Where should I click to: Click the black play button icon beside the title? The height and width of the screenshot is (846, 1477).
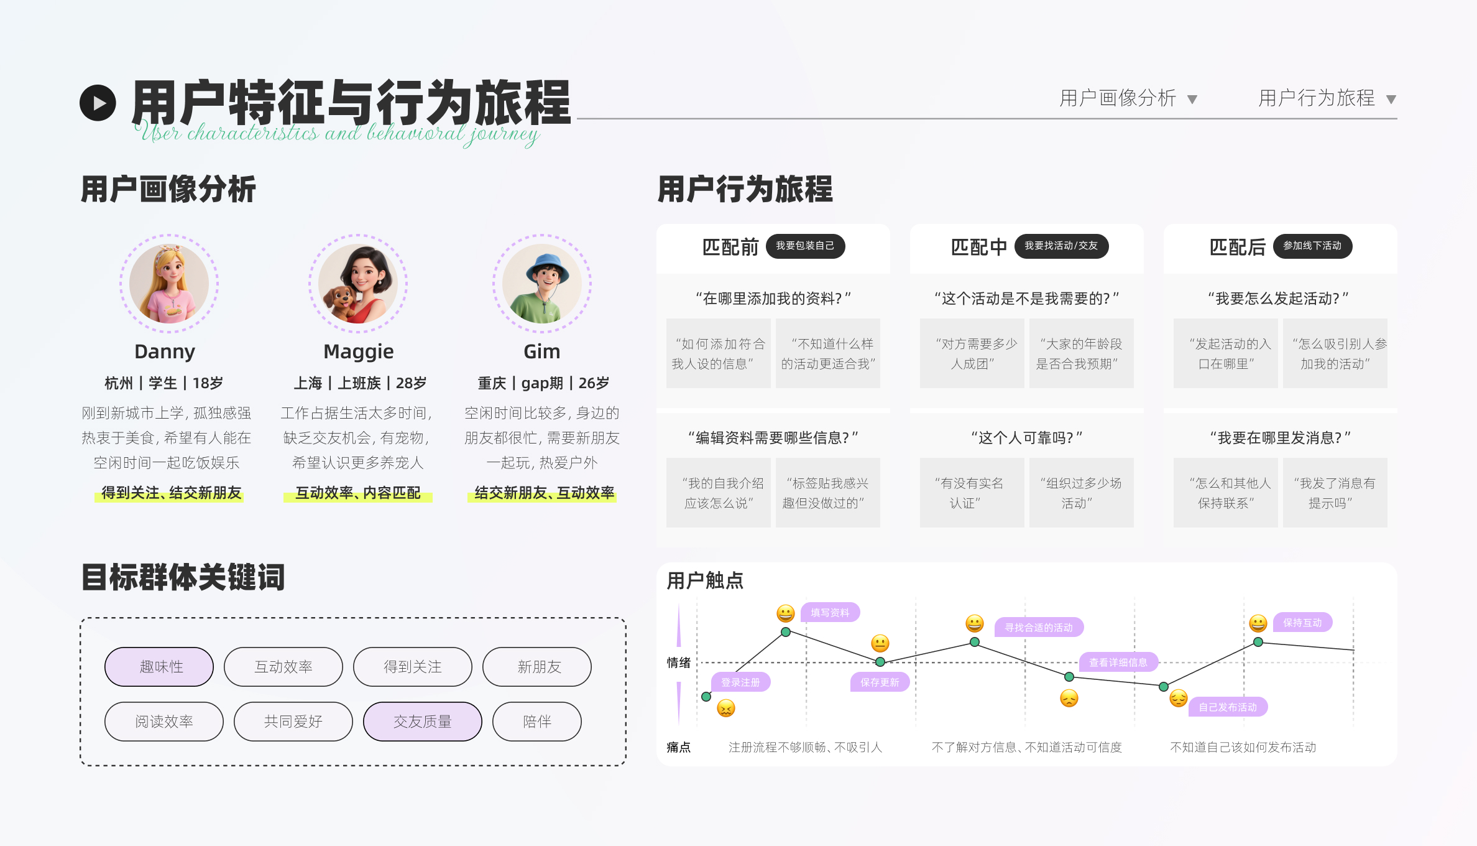[98, 103]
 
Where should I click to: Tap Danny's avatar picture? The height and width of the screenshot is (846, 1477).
[169, 284]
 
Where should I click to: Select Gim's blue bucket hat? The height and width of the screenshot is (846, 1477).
[547, 264]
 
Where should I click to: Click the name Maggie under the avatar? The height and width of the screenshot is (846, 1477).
[359, 351]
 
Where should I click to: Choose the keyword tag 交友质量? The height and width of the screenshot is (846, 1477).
[423, 722]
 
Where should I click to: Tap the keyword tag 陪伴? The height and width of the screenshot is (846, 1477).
[537, 722]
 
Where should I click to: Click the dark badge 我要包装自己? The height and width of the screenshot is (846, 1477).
[805, 246]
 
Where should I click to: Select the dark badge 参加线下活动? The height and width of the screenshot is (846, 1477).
[1312, 246]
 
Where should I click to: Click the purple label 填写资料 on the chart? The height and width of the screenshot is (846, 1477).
[830, 613]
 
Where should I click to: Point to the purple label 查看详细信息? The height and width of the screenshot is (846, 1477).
[1118, 662]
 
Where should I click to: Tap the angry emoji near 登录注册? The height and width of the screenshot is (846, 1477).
[726, 708]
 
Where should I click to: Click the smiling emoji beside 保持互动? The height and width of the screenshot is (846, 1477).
[1258, 623]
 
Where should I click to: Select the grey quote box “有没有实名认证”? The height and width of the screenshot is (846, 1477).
[972, 493]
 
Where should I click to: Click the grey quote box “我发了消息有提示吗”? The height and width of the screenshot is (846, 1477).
[1335, 493]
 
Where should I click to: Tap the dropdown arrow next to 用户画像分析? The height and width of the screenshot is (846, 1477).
[1192, 100]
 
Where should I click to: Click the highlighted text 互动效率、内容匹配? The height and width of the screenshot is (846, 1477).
[358, 493]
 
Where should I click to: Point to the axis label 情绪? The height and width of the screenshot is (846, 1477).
[678, 662]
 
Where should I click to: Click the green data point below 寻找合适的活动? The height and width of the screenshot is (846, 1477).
[975, 642]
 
